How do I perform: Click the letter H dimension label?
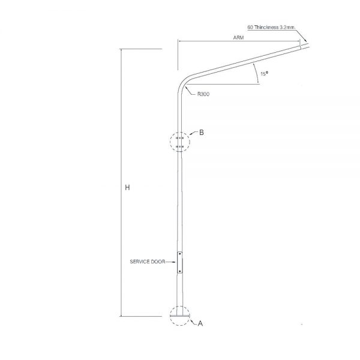coord(127,188)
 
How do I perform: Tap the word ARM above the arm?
coord(238,37)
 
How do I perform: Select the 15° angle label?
coord(264,74)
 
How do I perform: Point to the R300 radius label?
coord(203,94)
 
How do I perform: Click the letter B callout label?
coord(202,133)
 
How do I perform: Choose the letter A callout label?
coord(200,323)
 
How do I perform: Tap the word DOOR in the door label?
coord(158,262)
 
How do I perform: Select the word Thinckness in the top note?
coord(266,28)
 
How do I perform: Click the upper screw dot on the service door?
coord(180,254)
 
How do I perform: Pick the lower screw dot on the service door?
coord(180,271)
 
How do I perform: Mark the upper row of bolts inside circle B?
coord(179,138)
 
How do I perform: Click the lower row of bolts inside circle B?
coord(179,146)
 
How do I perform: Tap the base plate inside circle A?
coord(180,316)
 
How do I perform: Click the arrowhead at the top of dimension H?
coord(121,51)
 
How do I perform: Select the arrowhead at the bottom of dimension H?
coord(121,314)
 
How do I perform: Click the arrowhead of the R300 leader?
coord(187,86)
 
